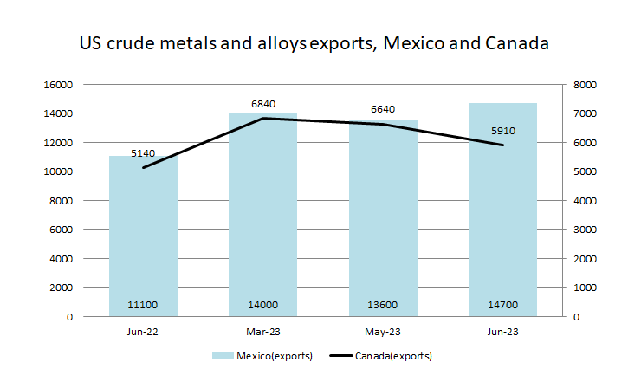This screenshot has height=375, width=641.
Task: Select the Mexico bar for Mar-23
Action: (262, 217)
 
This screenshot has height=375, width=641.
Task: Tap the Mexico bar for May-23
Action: (383, 221)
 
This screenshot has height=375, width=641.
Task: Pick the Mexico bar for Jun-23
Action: (502, 212)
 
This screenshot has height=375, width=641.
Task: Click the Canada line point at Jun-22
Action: (143, 167)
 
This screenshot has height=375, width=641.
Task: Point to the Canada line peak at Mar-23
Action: (262, 119)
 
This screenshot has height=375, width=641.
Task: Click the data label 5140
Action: (143, 153)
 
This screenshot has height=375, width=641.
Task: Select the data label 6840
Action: (262, 104)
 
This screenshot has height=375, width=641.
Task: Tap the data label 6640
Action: (383, 110)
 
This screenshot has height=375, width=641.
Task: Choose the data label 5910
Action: (502, 131)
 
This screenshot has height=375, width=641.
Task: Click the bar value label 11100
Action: (143, 305)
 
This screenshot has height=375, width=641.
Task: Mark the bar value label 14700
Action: (502, 305)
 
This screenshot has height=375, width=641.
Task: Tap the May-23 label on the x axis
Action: (383, 331)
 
